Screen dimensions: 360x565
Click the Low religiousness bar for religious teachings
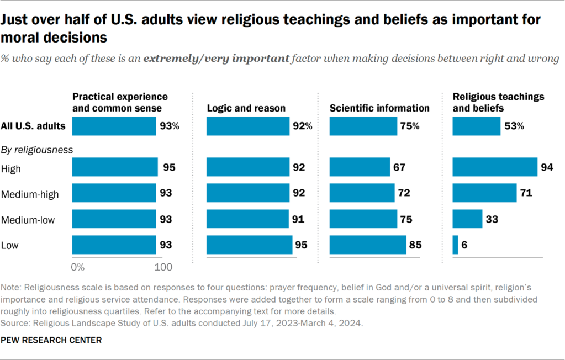click(x=455, y=245)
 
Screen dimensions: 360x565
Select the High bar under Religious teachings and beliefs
click(x=495, y=167)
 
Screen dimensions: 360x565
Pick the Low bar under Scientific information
click(x=368, y=245)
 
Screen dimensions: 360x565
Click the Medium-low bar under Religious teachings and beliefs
click(x=467, y=219)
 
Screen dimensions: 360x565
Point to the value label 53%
click(x=514, y=126)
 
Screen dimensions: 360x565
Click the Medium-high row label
click(x=30, y=193)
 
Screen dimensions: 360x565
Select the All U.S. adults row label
click(x=34, y=126)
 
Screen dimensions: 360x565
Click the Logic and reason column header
click(x=246, y=108)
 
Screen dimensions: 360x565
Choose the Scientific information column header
click(x=379, y=108)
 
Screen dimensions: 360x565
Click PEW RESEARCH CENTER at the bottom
click(x=52, y=340)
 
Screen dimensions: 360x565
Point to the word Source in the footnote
click(x=15, y=321)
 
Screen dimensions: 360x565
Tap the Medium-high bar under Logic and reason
click(x=248, y=193)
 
